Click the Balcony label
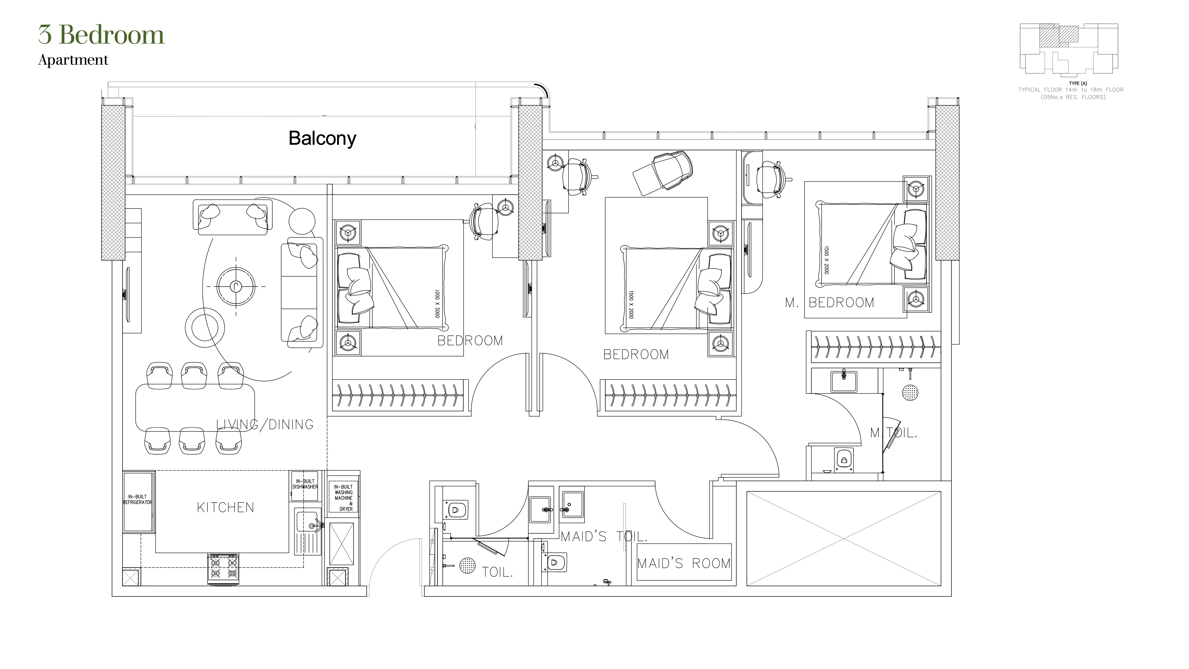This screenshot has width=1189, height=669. coord(322,138)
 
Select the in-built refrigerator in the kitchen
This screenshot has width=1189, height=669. coord(137,501)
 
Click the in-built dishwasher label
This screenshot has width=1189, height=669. coord(305,484)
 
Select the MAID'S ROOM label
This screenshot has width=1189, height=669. coord(684,563)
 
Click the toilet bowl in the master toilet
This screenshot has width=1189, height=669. coord(844,460)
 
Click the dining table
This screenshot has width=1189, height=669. coord(195,407)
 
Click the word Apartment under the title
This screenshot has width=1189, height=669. coord(73,60)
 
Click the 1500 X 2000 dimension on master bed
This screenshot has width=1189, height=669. coord(826,260)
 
